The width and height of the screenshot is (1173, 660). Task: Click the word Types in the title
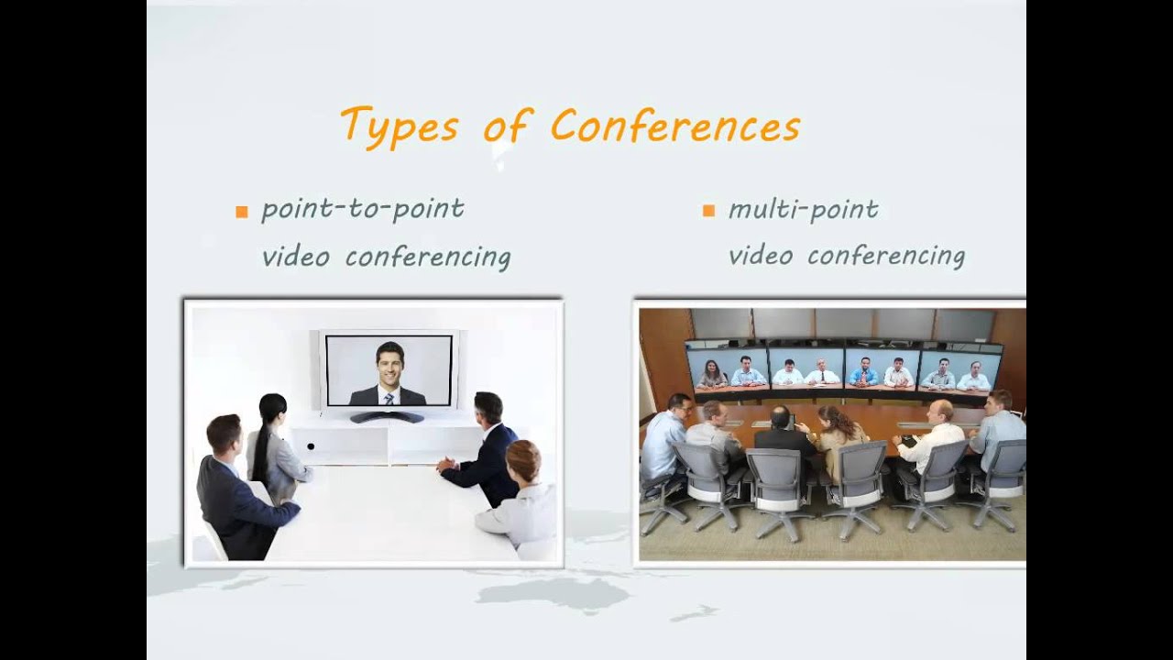point(398,126)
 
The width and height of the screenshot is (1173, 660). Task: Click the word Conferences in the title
point(674,126)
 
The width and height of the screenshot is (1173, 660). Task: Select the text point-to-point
point(363,210)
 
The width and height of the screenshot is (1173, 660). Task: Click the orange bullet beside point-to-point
point(242,212)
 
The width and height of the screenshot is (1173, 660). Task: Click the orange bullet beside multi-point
point(708,211)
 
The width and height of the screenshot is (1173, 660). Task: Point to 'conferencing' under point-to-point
point(428,258)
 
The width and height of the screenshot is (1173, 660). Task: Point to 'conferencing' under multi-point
point(885,257)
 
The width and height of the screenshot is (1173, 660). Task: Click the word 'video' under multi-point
point(758,256)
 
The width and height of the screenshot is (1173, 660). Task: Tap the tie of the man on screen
point(389,397)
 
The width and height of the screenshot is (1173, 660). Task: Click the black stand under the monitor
point(387,417)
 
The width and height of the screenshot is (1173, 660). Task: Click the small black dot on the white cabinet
point(311,446)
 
